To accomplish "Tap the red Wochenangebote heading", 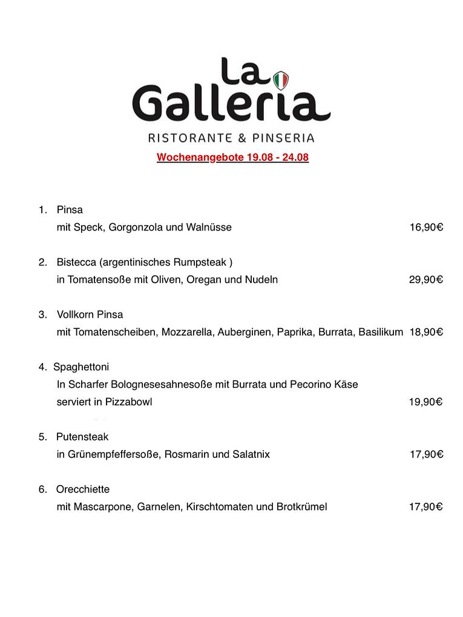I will click(x=232, y=158).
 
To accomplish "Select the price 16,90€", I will click(x=426, y=227).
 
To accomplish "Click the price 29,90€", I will click(x=426, y=279).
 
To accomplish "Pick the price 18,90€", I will click(x=426, y=332).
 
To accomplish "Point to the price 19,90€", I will click(x=426, y=402).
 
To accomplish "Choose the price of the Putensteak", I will click(x=426, y=454).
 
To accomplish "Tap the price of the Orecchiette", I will click(x=426, y=506).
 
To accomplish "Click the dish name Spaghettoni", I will click(x=81, y=367).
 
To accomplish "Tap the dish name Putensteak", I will click(x=82, y=436).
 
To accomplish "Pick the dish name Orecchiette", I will click(x=83, y=489).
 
